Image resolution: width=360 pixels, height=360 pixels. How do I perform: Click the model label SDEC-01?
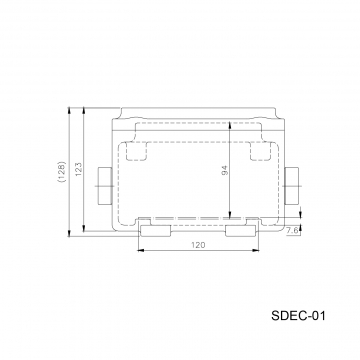pyautogui.click(x=298, y=315)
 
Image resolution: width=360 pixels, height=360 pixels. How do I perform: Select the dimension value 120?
pyautogui.click(x=198, y=245)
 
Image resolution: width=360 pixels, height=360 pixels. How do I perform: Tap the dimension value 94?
pyautogui.click(x=225, y=170)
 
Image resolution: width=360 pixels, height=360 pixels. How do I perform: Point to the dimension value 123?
pyautogui.click(x=79, y=170)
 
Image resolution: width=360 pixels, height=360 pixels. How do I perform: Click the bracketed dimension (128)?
pyautogui.click(x=62, y=172)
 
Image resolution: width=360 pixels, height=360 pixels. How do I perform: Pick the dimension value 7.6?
pyautogui.click(x=292, y=230)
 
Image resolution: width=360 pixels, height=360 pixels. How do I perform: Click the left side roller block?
pyautogui.click(x=104, y=186)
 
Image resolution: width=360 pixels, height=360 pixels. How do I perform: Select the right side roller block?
pyautogui.click(x=292, y=186)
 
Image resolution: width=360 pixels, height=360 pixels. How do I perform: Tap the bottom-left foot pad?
pyautogui.click(x=155, y=231)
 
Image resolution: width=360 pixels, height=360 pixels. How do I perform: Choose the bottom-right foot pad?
pyautogui.click(x=241, y=231)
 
